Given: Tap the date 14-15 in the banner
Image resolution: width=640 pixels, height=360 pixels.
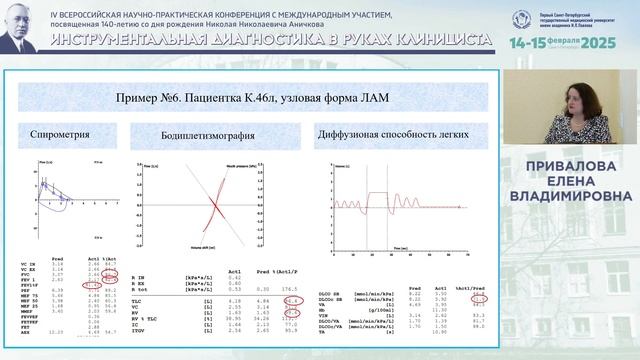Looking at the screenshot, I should [527, 44].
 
